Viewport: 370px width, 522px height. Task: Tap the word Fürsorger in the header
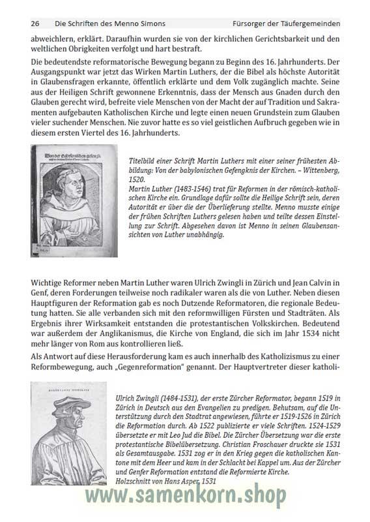262,24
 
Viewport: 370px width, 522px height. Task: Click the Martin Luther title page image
74,200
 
